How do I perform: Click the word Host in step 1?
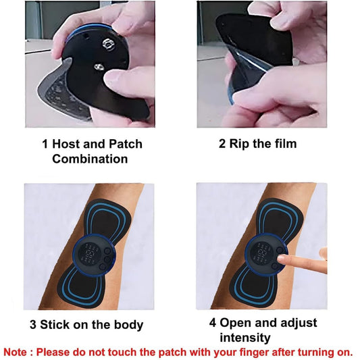coord(66,144)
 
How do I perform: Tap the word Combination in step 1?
coord(90,159)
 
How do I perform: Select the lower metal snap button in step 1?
coord(99,67)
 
